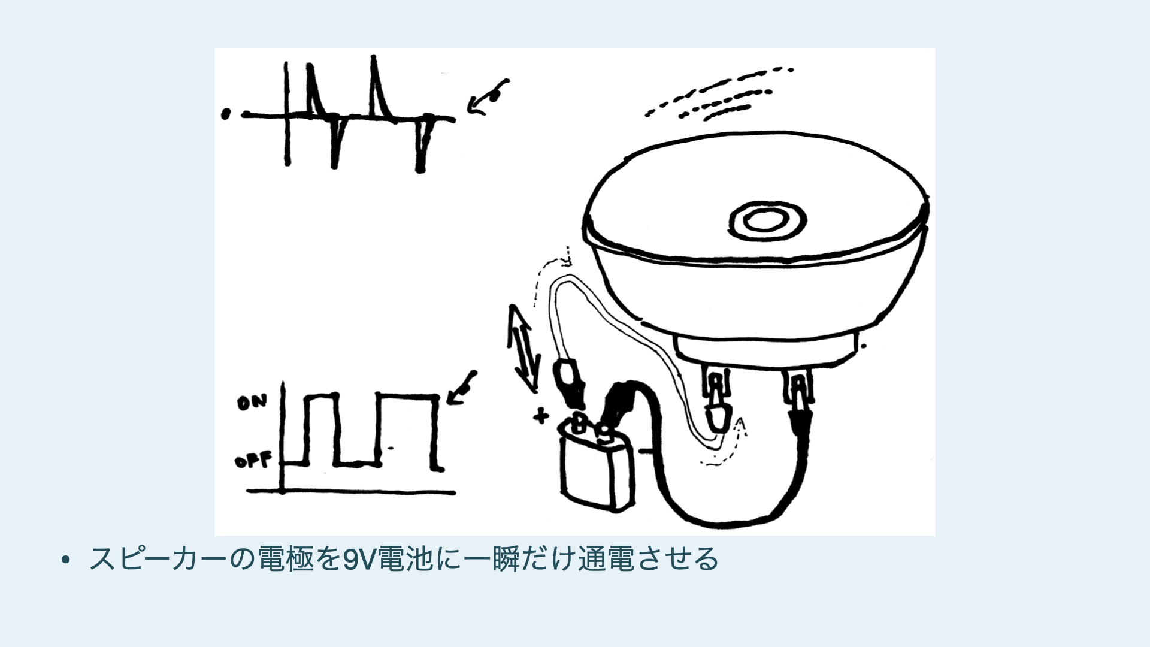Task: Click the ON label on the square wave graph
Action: [x=251, y=403]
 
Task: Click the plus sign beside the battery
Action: [x=541, y=415]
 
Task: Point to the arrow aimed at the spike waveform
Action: [x=488, y=97]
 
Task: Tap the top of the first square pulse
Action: [x=322, y=396]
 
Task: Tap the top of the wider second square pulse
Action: [x=408, y=396]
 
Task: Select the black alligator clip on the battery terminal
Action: [x=617, y=404]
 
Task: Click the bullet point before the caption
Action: [x=66, y=560]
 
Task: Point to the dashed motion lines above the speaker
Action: [x=719, y=93]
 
